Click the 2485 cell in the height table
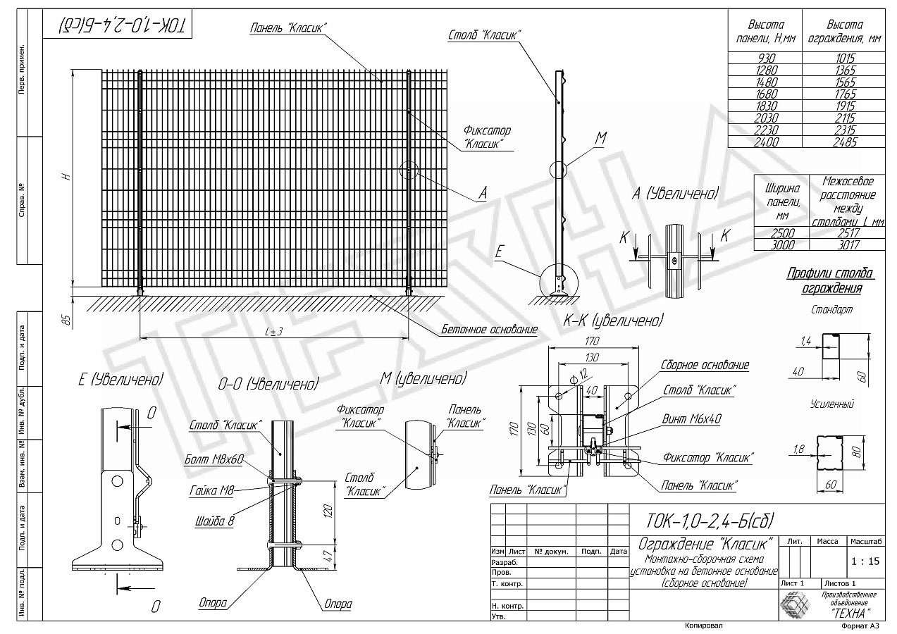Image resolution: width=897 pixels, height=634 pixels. [x=843, y=142]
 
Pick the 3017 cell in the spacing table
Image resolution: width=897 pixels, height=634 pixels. [x=843, y=244]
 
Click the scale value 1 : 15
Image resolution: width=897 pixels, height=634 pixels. [x=864, y=561]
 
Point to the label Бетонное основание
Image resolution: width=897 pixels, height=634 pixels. [x=489, y=329]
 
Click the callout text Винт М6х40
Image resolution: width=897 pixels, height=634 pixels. [x=691, y=418]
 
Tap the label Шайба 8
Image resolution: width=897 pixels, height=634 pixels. [x=214, y=522]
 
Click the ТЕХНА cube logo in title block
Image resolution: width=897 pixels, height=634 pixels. [x=795, y=604]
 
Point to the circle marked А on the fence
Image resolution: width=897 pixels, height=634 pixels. [x=407, y=170]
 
